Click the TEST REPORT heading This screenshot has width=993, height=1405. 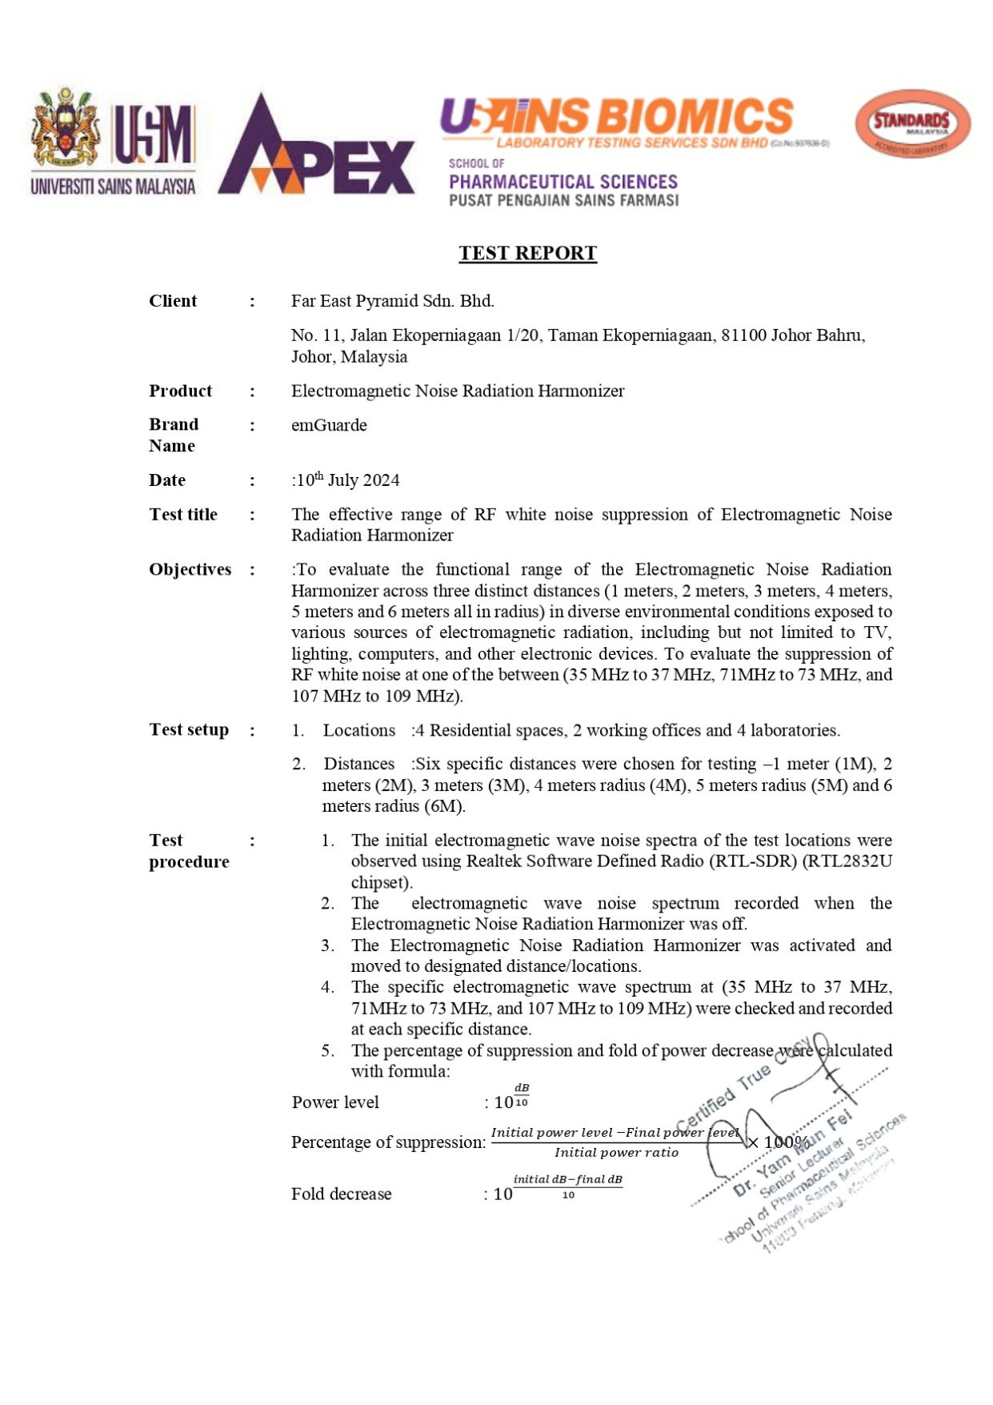[527, 253]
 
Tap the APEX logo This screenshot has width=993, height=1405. [316, 148]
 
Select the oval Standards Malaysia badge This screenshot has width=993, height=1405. [912, 124]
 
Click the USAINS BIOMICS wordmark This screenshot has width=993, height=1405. [616, 117]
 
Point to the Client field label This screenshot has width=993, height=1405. [172, 301]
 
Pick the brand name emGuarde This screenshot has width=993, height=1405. [329, 425]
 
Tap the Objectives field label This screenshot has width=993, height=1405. [190, 569]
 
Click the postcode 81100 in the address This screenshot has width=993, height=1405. [743, 335]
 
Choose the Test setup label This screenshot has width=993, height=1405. [189, 730]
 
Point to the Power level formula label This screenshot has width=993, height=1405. [335, 1102]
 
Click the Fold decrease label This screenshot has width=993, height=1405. [341, 1194]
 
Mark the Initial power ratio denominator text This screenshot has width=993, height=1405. [616, 1153]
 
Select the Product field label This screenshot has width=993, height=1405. [180, 391]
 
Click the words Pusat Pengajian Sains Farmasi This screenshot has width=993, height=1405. [563, 200]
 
